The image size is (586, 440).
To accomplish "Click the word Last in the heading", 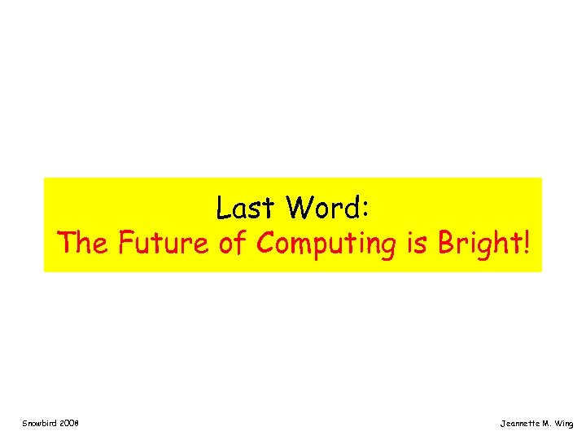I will point(246,209).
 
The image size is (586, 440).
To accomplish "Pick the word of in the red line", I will point(234,243).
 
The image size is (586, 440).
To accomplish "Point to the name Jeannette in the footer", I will point(520,424).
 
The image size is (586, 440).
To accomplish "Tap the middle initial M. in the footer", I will point(549,424).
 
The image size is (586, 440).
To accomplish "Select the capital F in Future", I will point(126,243).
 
